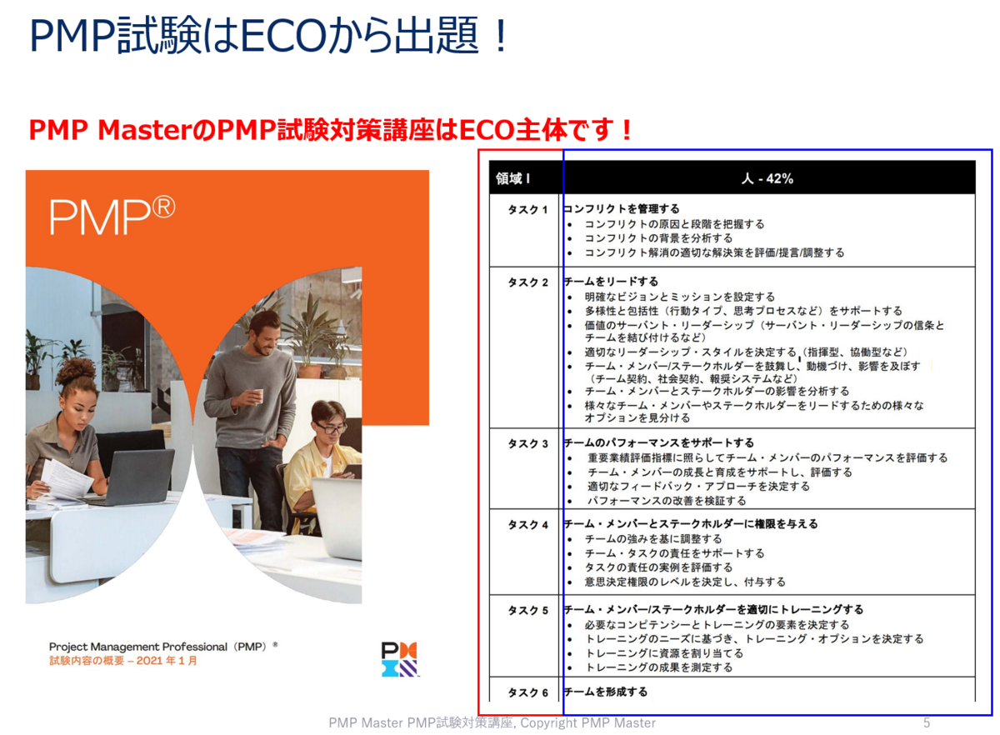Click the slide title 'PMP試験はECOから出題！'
[x=268, y=37]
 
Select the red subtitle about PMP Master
[x=330, y=130]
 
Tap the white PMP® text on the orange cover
[x=112, y=216]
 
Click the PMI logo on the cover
[x=399, y=658]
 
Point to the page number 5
[x=927, y=722]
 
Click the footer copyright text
[x=492, y=722]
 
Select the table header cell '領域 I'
[x=513, y=178]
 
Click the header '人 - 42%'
[x=767, y=178]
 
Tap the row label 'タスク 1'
[x=527, y=209]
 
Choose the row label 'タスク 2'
[x=527, y=282]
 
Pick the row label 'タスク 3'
[x=527, y=443]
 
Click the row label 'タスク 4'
[x=527, y=524]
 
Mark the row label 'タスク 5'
[x=527, y=610]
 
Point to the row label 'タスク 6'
[x=527, y=692]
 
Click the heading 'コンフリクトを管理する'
[x=622, y=209]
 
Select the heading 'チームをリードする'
[x=611, y=282]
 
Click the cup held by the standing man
[x=258, y=396]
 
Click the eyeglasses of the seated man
[x=331, y=428]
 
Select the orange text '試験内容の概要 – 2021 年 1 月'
[x=123, y=662]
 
